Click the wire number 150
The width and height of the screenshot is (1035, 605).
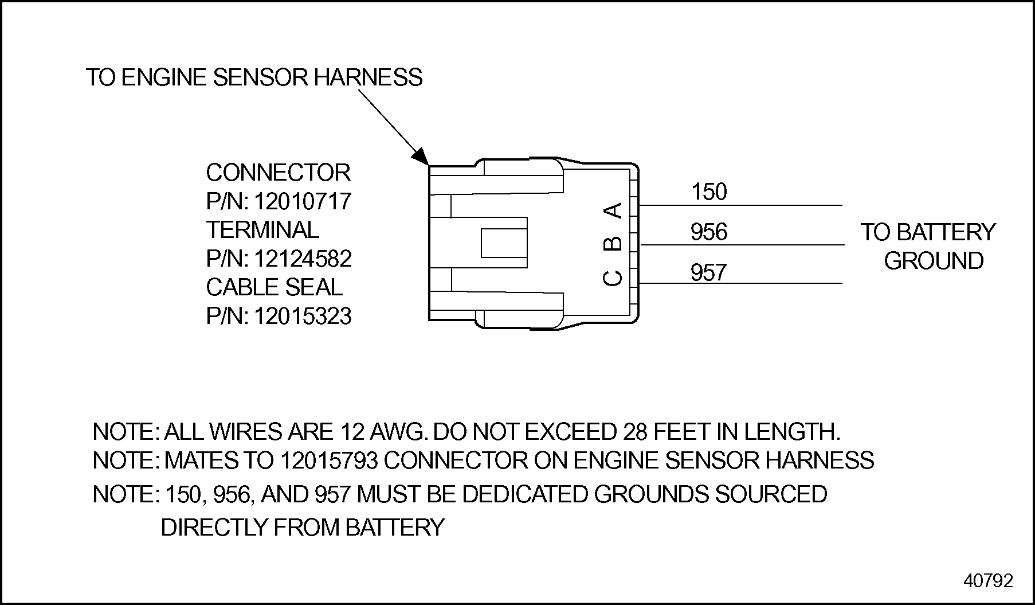pyautogui.click(x=709, y=192)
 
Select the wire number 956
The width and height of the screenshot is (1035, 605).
pyautogui.click(x=709, y=232)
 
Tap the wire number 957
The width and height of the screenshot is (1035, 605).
pyautogui.click(x=709, y=272)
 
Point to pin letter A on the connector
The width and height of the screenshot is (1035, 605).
pyautogui.click(x=614, y=210)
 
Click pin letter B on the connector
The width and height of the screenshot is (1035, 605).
pyautogui.click(x=614, y=243)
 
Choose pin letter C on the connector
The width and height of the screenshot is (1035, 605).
pyautogui.click(x=614, y=278)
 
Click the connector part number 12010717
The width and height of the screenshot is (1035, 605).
pyautogui.click(x=302, y=202)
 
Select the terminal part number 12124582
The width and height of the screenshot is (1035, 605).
pyautogui.click(x=302, y=259)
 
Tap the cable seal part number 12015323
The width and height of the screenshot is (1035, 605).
pyautogui.click(x=302, y=317)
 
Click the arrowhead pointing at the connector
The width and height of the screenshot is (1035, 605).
pyautogui.click(x=421, y=156)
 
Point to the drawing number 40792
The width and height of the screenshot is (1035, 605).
pyautogui.click(x=988, y=581)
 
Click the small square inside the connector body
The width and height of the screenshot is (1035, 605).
pyautogui.click(x=504, y=243)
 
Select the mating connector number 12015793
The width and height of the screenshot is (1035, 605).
pyautogui.click(x=329, y=460)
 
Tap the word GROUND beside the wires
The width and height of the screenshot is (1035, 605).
pyautogui.click(x=934, y=261)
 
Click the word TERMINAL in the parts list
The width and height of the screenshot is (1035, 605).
pyautogui.click(x=262, y=230)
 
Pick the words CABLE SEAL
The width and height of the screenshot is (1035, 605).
pyautogui.click(x=274, y=287)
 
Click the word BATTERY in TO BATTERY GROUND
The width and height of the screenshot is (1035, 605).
pyautogui.click(x=946, y=232)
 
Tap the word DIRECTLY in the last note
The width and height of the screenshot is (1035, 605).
pyautogui.click(x=214, y=528)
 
